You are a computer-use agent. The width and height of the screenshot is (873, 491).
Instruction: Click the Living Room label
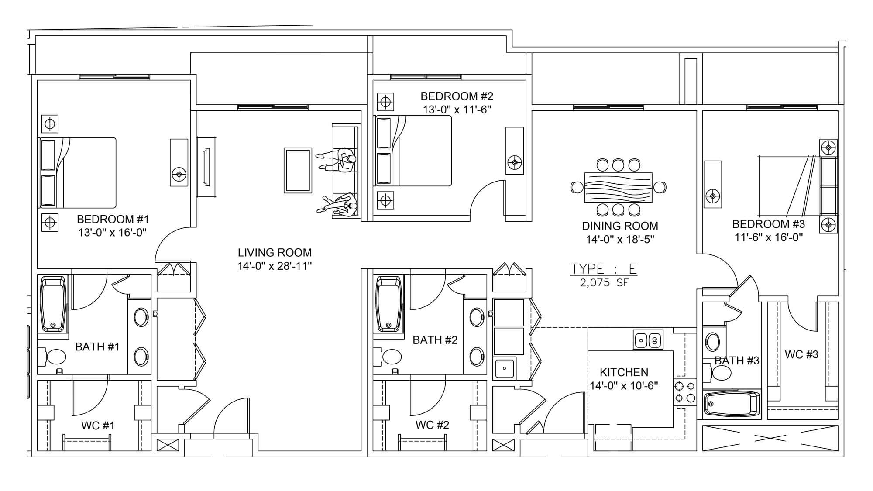pos(275,252)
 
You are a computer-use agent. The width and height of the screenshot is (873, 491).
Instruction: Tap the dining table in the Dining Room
pos(618,187)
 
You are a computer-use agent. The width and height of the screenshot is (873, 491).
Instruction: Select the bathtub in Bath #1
pos(54,304)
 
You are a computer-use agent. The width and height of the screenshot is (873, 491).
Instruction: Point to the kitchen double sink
pos(648,340)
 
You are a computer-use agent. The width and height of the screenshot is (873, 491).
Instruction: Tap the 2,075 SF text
pos(604,283)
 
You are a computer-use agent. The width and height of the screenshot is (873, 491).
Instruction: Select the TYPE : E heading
pos(604,268)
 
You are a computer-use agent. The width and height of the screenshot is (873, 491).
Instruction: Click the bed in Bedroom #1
pos(78,173)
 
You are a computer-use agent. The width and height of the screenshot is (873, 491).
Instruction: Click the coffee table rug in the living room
pos(298,170)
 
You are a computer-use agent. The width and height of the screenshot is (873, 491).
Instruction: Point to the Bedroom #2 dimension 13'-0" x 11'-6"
pos(457,110)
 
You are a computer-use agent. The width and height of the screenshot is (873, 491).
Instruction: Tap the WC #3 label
pos(801,354)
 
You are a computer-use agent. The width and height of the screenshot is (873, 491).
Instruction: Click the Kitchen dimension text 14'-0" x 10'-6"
pos(624,386)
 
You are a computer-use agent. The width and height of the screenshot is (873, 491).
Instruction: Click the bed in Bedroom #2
pos(413,151)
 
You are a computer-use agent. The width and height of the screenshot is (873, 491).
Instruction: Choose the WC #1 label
pos(98,426)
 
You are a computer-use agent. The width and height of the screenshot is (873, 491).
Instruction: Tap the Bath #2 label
pos(435,340)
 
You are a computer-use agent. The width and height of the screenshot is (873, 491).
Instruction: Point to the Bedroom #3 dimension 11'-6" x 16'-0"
pos(769,238)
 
